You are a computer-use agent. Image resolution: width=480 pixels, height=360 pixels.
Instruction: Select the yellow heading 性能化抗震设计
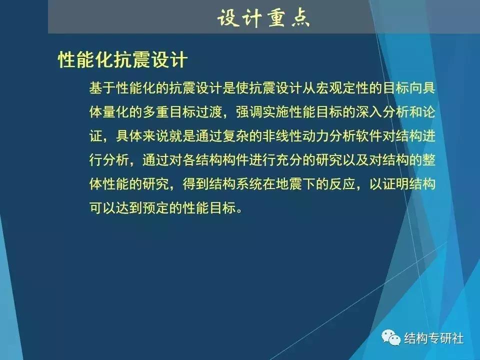[x=122, y=60]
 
